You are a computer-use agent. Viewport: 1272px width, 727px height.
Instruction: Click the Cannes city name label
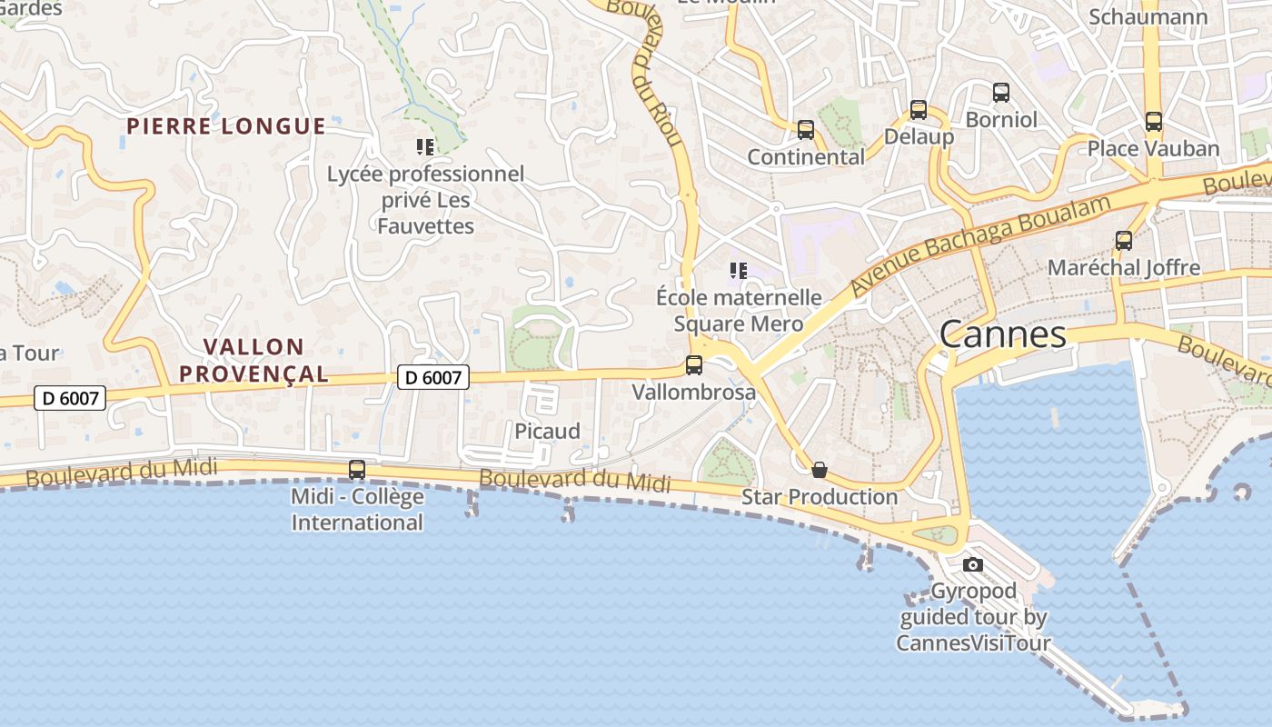click(1002, 334)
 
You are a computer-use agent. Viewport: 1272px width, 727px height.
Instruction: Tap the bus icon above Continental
click(806, 130)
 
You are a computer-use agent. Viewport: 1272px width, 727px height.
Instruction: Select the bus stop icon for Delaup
click(919, 110)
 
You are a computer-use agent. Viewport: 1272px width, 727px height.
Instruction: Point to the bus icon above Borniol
click(1001, 92)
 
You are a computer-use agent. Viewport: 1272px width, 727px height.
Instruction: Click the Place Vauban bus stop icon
click(1154, 121)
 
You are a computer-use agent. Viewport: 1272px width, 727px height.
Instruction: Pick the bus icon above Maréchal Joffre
click(1124, 241)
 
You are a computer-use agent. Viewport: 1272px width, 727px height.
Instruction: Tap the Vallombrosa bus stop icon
click(694, 365)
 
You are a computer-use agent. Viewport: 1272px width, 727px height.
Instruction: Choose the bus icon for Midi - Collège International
click(357, 470)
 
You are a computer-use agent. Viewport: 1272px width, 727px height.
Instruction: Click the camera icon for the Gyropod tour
click(973, 564)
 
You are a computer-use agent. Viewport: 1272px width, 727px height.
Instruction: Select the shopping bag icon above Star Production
click(820, 470)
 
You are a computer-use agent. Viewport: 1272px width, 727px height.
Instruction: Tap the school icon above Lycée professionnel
click(425, 146)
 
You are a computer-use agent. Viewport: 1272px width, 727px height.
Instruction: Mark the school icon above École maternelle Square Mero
click(739, 270)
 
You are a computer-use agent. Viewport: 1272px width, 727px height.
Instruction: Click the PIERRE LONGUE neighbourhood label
click(226, 126)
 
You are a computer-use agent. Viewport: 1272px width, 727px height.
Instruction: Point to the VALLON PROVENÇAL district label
click(253, 360)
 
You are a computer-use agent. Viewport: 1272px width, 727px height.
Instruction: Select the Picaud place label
click(547, 431)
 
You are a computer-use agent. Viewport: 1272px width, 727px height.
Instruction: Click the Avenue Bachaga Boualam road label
click(981, 245)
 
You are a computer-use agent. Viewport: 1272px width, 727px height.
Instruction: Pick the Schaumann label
click(1148, 17)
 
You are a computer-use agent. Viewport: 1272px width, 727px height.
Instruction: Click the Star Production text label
click(820, 497)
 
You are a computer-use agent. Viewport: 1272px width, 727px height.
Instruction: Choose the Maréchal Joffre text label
click(1124, 268)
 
